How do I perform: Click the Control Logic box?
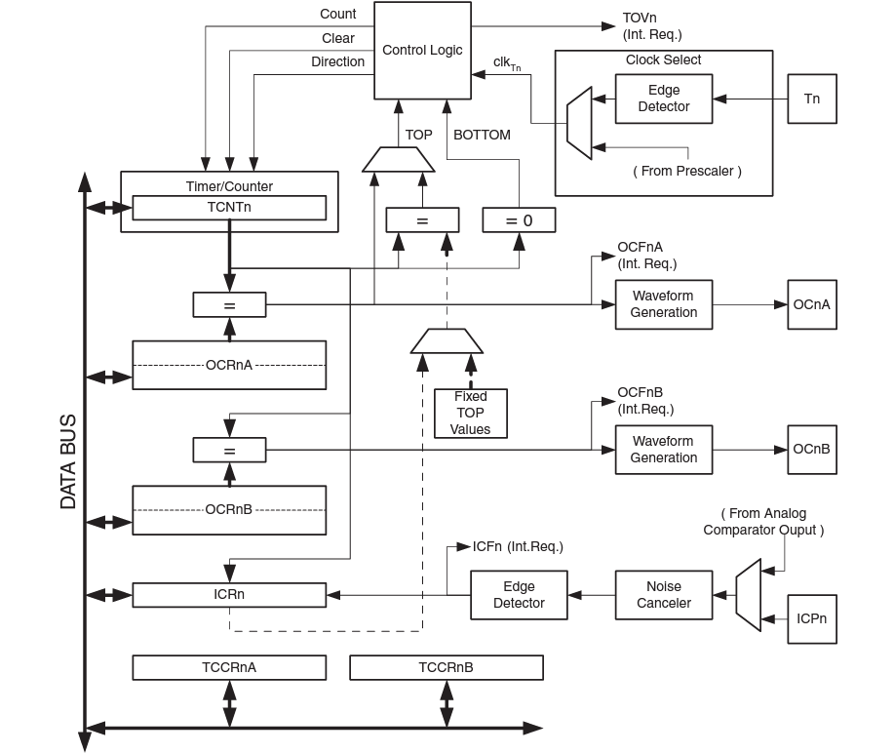click(x=422, y=50)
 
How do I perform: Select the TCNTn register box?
click(x=229, y=208)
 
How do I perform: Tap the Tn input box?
click(x=811, y=99)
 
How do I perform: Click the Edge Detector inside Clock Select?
click(x=663, y=99)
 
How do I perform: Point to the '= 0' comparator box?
click(x=519, y=220)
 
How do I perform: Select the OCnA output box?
click(x=811, y=304)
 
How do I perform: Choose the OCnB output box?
click(x=811, y=450)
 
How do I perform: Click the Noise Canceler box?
click(x=663, y=595)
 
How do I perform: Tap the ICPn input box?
click(x=811, y=618)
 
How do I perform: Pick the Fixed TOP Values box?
click(x=470, y=413)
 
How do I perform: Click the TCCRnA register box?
click(x=229, y=667)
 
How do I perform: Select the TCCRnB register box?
click(x=446, y=667)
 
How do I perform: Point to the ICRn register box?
click(x=229, y=594)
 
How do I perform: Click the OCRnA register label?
click(x=229, y=365)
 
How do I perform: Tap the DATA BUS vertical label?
click(x=68, y=462)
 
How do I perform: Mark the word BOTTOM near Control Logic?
click(x=482, y=135)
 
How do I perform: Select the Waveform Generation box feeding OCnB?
click(x=663, y=450)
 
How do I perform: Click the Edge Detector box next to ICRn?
click(x=519, y=595)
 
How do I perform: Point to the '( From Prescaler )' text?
click(x=687, y=171)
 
